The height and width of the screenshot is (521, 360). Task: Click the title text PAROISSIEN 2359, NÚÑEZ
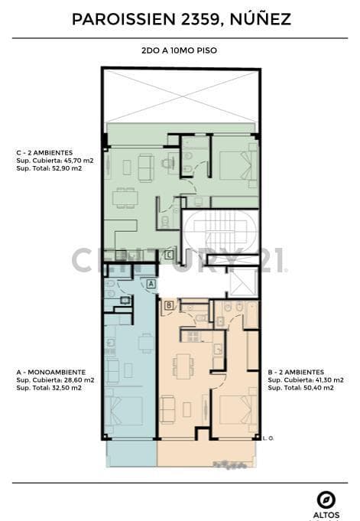[181, 19]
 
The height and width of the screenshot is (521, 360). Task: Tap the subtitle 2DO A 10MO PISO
[180, 50]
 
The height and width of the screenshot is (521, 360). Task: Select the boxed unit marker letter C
[169, 256]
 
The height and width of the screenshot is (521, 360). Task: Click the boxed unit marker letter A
[151, 283]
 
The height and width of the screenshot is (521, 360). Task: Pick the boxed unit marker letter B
[169, 305]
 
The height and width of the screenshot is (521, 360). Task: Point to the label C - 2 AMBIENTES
[44, 153]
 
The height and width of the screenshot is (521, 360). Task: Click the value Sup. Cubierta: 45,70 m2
[55, 161]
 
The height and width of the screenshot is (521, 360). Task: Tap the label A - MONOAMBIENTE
[51, 372]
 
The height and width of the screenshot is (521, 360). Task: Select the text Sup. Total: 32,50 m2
[49, 388]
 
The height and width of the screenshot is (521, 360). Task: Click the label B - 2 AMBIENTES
[296, 372]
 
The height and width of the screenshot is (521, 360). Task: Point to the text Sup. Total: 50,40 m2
[301, 388]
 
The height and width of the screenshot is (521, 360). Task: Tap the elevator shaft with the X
[243, 282]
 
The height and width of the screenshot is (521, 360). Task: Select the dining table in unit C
[125, 198]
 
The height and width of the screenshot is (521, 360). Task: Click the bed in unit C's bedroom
[238, 165]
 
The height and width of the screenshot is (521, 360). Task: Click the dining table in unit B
[183, 366]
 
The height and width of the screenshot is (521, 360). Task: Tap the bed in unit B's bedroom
[238, 410]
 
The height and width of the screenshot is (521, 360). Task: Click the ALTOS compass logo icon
[326, 500]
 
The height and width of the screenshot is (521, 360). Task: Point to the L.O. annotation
[268, 438]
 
